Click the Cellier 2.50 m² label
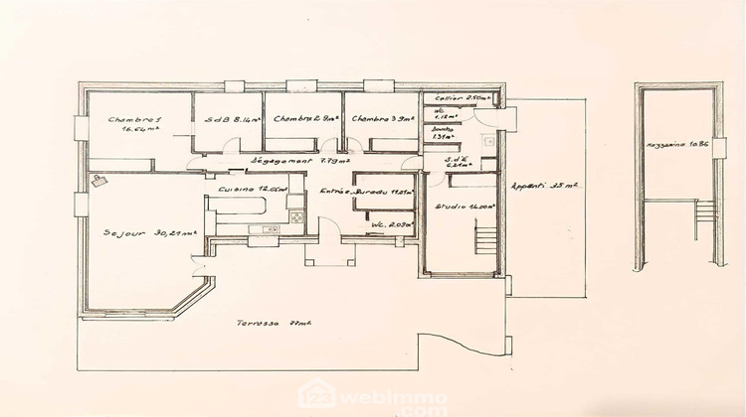(454, 99)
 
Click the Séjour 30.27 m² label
(148, 234)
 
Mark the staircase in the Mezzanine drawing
(704, 213)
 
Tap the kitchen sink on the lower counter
(267, 230)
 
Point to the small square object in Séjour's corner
(98, 182)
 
